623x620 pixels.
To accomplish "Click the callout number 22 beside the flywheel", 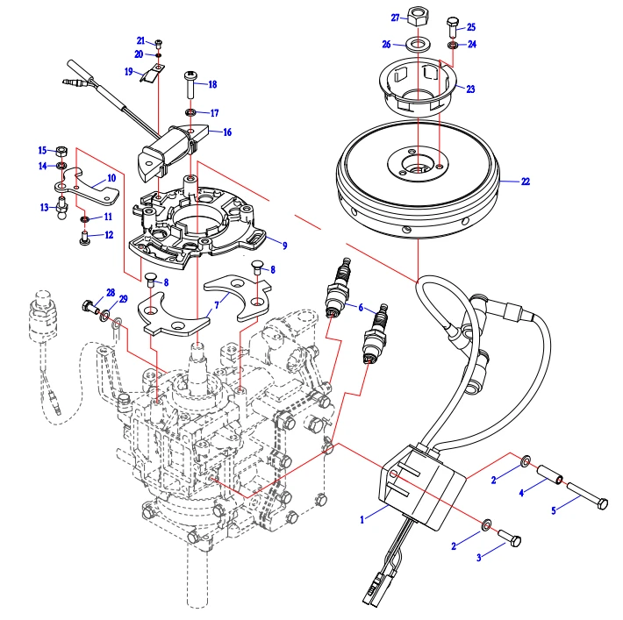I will [525, 182].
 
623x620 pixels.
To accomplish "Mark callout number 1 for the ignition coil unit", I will [362, 520].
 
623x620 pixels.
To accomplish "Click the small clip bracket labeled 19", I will [153, 74].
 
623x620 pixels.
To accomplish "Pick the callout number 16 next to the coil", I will [227, 132].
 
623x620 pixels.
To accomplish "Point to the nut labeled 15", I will [61, 149].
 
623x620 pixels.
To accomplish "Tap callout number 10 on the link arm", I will [111, 178].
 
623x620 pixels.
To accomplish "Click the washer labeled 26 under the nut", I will [418, 44].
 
